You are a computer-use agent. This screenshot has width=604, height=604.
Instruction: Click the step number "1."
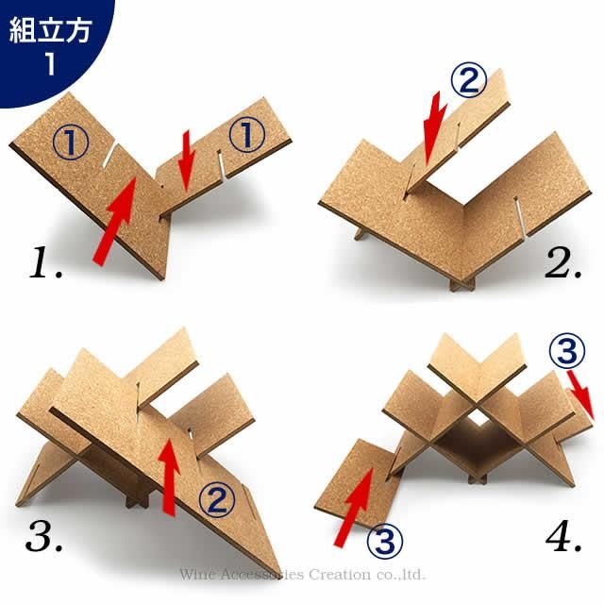pos(45,262)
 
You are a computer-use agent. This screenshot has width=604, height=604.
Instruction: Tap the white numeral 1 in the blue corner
pos(51,65)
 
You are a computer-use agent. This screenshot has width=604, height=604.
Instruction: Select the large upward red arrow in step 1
pos(113,221)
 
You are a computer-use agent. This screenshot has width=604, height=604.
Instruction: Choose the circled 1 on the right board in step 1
pos(243,136)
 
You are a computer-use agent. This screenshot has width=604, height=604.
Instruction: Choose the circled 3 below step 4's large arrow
pos(383,541)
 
